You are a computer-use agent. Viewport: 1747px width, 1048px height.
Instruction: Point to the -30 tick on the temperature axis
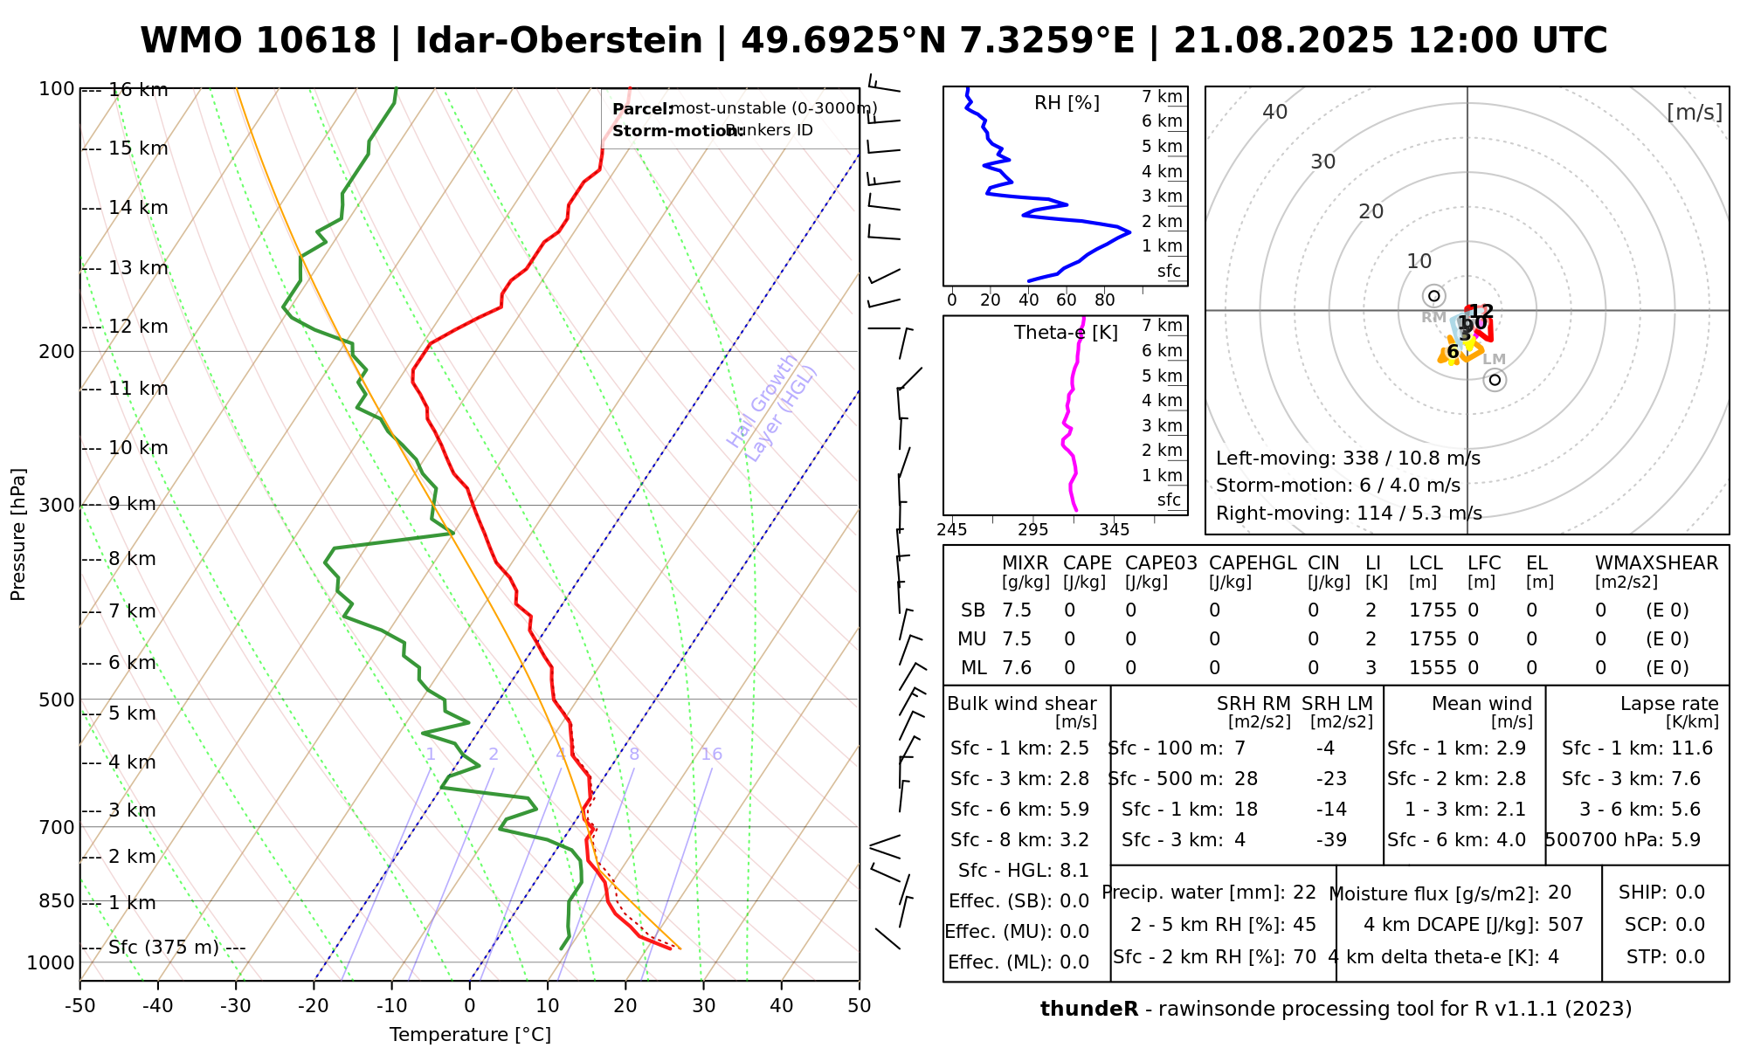pyautogui.click(x=236, y=1006)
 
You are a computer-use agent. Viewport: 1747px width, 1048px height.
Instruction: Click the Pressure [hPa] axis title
pyautogui.click(x=18, y=534)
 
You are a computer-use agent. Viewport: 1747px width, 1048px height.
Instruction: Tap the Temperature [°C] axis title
pyautogui.click(x=470, y=1035)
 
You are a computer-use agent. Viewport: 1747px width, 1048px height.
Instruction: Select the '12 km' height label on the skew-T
pyautogui.click(x=138, y=327)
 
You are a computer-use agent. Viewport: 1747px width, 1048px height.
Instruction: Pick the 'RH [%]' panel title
pyautogui.click(x=1067, y=103)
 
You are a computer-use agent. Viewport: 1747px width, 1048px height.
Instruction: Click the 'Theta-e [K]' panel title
pyautogui.click(x=1066, y=333)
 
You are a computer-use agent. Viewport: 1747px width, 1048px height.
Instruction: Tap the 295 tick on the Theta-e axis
pyautogui.click(x=1032, y=530)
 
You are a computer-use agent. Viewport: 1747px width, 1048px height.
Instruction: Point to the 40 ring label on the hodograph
pyautogui.click(x=1275, y=112)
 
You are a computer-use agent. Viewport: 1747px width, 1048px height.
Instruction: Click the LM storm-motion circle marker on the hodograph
pyautogui.click(x=1495, y=380)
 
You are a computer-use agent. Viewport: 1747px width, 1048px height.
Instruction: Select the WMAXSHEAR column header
pyautogui.click(x=1656, y=563)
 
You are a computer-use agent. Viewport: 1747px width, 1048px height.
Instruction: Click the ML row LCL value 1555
pyautogui.click(x=1433, y=668)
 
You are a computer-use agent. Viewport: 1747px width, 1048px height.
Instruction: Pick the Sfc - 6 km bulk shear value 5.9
pyautogui.click(x=1074, y=810)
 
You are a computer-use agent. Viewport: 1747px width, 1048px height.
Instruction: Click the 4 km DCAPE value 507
pyautogui.click(x=1565, y=925)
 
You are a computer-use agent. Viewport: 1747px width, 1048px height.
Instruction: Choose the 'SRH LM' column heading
pyautogui.click(x=1336, y=704)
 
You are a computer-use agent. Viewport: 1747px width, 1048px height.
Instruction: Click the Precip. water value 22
pyautogui.click(x=1304, y=893)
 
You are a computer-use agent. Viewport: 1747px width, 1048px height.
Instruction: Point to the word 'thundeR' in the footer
pyautogui.click(x=1088, y=1010)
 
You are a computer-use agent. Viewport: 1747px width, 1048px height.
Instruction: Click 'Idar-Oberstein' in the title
pyautogui.click(x=559, y=41)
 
